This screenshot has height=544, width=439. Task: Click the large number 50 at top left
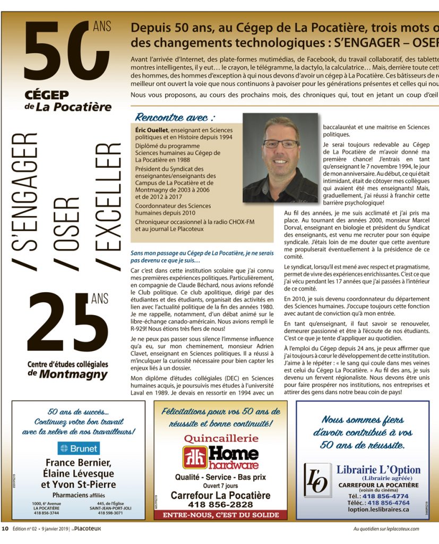[61, 50]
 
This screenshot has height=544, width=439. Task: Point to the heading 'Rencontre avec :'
[175, 117]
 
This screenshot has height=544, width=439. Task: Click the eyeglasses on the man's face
[281, 143]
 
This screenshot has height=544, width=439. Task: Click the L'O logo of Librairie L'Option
[317, 480]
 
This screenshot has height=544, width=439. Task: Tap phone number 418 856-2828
[220, 504]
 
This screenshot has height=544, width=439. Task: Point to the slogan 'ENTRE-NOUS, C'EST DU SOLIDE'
[220, 515]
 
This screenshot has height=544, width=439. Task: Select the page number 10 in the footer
[5, 529]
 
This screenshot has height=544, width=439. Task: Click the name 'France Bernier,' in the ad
[78, 462]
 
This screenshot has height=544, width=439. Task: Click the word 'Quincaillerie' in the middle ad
[220, 438]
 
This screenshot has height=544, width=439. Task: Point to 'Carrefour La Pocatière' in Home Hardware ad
[220, 495]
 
